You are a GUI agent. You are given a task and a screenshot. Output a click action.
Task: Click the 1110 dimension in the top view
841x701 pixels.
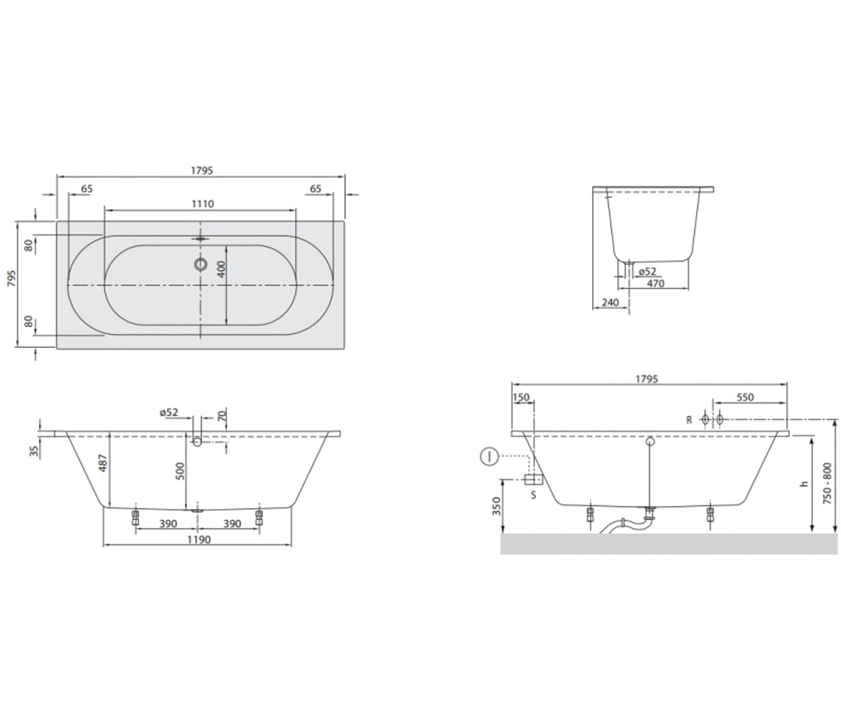203,204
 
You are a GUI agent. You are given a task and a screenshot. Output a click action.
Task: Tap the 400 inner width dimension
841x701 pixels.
221,269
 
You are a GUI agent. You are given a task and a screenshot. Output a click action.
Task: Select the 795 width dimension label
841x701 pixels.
12,278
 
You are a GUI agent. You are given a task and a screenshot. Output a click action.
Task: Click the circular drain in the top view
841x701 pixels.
200,264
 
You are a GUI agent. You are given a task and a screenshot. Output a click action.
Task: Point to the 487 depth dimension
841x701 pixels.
104,463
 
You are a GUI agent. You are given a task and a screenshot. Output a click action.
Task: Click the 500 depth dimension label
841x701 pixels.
180,471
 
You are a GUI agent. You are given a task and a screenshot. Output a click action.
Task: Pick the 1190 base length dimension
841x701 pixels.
199,540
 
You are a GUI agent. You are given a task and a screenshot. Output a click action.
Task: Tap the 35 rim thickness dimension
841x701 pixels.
35,451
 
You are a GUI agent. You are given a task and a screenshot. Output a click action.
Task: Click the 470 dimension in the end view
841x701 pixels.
656,284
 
